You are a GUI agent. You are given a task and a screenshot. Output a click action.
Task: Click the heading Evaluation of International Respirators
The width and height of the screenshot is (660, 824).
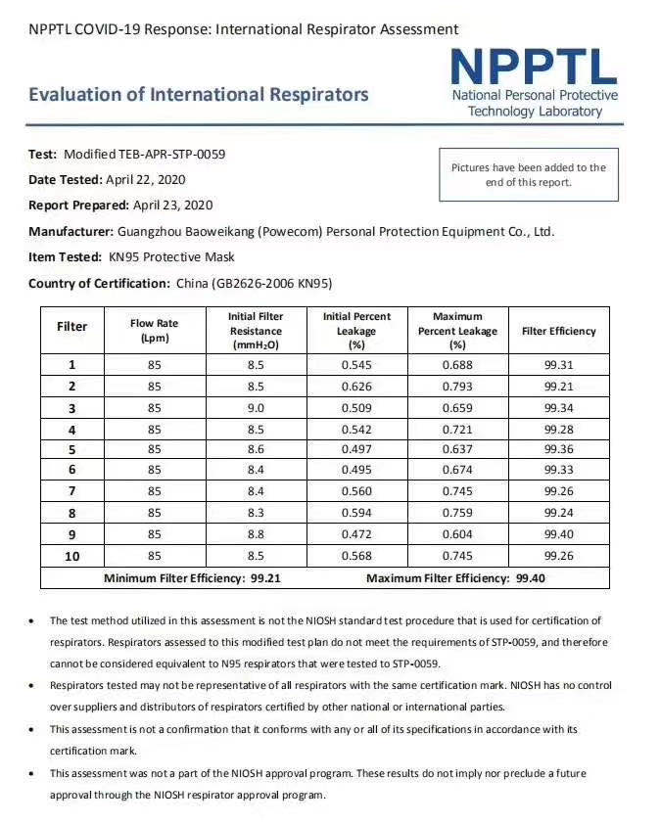(x=199, y=95)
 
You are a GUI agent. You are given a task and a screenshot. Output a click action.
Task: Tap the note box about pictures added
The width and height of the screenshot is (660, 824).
(x=528, y=174)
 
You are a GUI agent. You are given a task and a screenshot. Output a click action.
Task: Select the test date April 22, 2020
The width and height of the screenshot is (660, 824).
(x=146, y=179)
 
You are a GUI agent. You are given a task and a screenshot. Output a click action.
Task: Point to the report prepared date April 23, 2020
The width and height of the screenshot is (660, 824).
(x=172, y=206)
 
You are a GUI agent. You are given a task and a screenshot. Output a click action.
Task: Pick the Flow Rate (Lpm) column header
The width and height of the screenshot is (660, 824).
(x=155, y=331)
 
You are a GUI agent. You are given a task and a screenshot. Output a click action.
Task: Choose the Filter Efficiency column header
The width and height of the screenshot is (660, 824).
(x=558, y=331)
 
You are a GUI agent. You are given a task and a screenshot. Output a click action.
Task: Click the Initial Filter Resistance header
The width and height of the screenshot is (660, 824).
(x=256, y=331)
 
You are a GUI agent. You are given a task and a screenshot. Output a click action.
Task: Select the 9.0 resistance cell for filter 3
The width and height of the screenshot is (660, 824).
(x=256, y=407)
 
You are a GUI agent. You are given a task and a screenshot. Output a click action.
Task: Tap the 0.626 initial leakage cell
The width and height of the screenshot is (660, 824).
(x=356, y=386)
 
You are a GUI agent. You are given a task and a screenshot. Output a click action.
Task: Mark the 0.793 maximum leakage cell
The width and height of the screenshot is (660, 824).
(x=457, y=386)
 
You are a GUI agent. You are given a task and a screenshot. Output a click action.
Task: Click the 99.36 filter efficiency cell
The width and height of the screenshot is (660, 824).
(x=558, y=449)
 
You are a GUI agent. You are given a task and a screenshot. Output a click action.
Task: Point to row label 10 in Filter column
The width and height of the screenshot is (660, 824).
(x=72, y=556)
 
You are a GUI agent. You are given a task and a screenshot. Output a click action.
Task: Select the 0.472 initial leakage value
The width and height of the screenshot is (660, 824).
(x=356, y=534)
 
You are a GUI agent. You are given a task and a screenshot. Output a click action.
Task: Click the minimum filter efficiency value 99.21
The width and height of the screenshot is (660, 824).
(x=265, y=578)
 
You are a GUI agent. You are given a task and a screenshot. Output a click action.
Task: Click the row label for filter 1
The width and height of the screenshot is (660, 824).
(x=72, y=364)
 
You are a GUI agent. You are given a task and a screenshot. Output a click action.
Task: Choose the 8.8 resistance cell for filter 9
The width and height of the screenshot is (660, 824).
(x=256, y=534)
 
